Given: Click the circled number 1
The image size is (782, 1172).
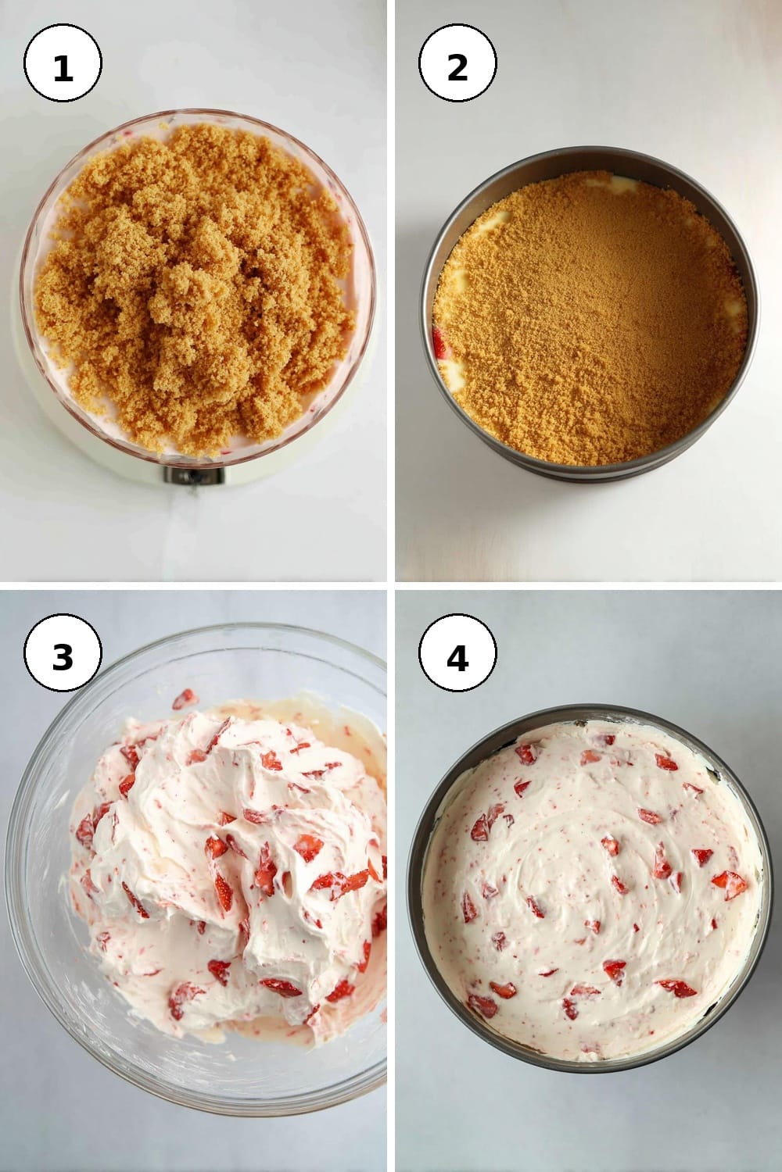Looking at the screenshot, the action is [63, 63].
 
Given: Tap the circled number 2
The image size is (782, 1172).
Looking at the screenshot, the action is [457, 63].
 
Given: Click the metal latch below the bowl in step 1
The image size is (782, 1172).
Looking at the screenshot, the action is [194, 476].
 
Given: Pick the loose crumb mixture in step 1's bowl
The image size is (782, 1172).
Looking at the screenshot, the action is [195, 288].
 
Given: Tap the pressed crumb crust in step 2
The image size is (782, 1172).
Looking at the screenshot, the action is [590, 319].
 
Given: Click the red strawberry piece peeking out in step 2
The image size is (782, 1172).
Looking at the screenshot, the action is [440, 343].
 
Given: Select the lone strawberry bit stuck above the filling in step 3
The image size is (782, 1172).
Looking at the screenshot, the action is [185, 699].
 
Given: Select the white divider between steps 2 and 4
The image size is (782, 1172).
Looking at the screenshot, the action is [589, 586].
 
